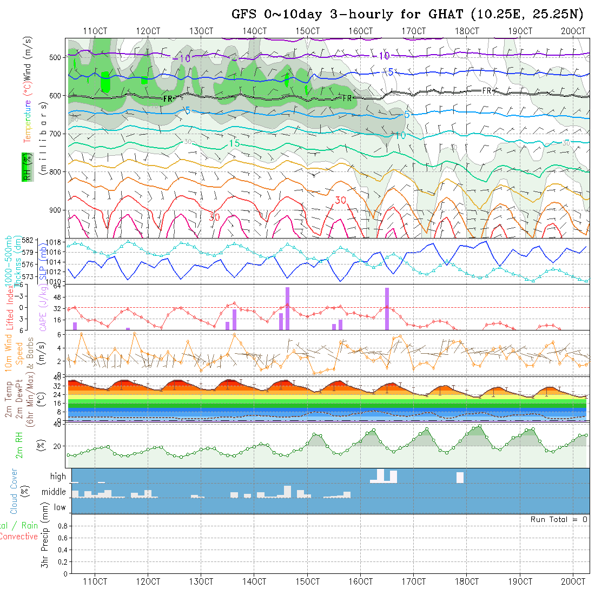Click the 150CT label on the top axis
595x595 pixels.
(x=308, y=31)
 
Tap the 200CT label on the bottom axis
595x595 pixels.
(x=573, y=581)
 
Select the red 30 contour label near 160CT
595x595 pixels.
(x=340, y=200)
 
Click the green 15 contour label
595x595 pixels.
(x=234, y=143)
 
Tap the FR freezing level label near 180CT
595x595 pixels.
(x=487, y=91)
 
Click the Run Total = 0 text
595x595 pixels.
(x=559, y=519)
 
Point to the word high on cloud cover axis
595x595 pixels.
(x=58, y=477)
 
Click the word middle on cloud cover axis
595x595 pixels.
(x=54, y=492)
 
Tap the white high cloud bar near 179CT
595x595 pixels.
(x=460, y=478)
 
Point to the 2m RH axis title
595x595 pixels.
(x=19, y=446)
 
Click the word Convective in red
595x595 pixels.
(x=18, y=537)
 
